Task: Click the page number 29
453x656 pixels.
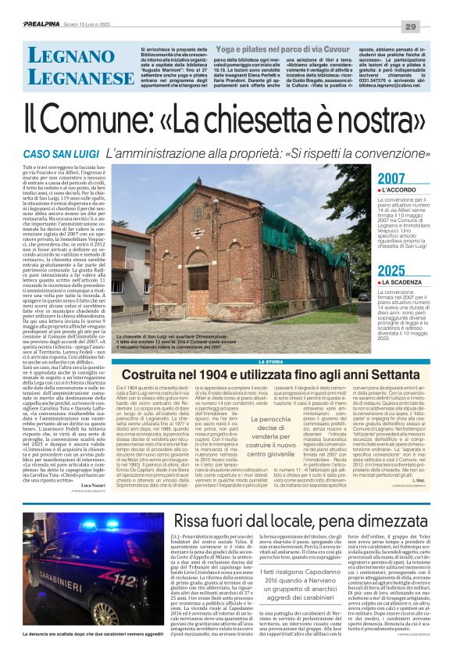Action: point(431,8)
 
